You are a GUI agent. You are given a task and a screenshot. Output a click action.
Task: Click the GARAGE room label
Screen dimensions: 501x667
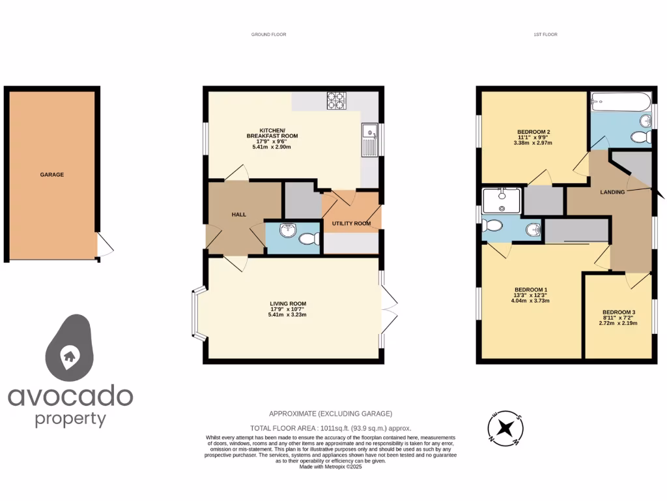[52, 175]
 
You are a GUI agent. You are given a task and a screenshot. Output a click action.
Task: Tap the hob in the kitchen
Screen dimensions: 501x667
[336, 100]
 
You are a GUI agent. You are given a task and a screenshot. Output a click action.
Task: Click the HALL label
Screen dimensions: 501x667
[238, 214]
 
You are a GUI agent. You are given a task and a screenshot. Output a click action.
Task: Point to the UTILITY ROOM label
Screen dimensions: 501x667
[351, 223]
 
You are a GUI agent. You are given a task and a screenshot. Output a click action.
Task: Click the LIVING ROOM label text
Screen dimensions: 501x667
[287, 303]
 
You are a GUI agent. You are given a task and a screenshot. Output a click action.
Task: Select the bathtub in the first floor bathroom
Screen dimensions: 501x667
[620, 102]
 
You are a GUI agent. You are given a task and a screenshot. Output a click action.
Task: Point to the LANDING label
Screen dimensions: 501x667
[613, 192]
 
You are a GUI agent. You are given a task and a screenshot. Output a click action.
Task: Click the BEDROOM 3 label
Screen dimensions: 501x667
[618, 312]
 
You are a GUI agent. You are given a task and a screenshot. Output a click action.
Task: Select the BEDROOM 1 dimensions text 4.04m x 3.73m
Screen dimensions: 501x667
[530, 301]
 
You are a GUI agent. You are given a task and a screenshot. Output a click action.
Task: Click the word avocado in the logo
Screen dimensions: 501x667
[70, 395]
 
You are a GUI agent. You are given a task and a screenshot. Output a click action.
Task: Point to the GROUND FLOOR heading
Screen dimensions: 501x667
[269, 35]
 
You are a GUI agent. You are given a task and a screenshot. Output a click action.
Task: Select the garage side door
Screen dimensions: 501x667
[104, 245]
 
